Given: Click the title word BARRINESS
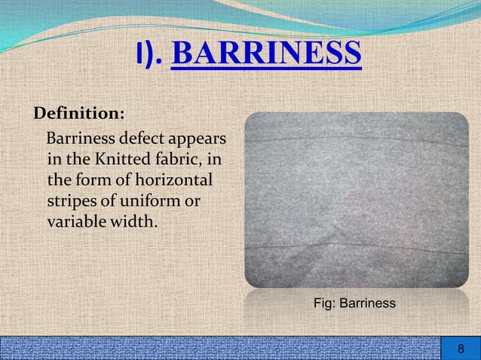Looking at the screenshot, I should [266, 54].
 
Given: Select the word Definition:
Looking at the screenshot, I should [78, 114].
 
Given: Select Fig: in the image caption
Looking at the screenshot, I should [323, 304].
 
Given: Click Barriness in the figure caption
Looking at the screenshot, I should [366, 304].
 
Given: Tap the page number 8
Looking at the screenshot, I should [461, 349].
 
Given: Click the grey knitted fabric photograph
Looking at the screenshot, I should [356, 200].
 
